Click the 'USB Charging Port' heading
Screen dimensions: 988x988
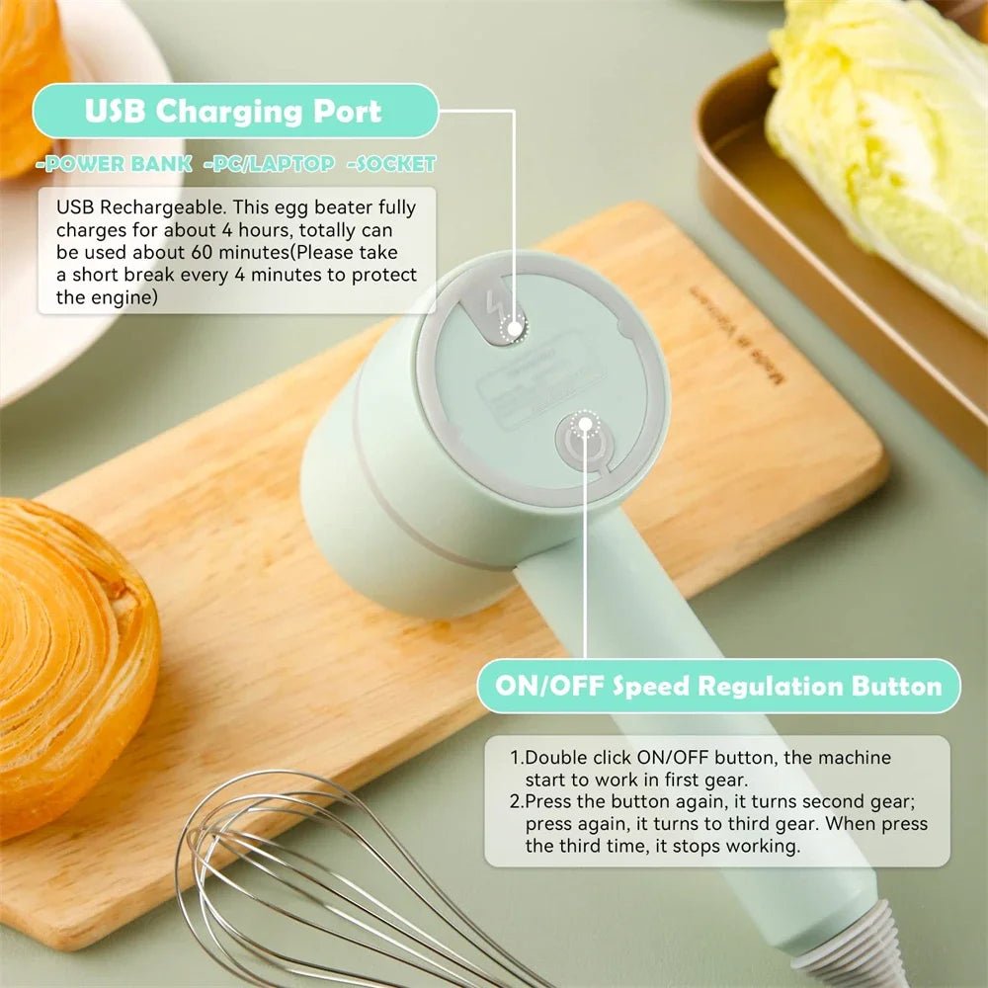pyautogui.click(x=233, y=111)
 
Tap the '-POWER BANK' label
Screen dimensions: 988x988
pyautogui.click(x=114, y=164)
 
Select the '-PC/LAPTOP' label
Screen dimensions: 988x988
pyautogui.click(x=269, y=164)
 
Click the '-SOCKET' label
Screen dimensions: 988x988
pyautogui.click(x=391, y=164)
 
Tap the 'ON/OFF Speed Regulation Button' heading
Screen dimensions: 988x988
pyautogui.click(x=718, y=686)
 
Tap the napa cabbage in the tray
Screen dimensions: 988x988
pyautogui.click(x=879, y=138)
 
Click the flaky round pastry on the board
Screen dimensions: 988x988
pyautogui.click(x=69, y=662)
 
